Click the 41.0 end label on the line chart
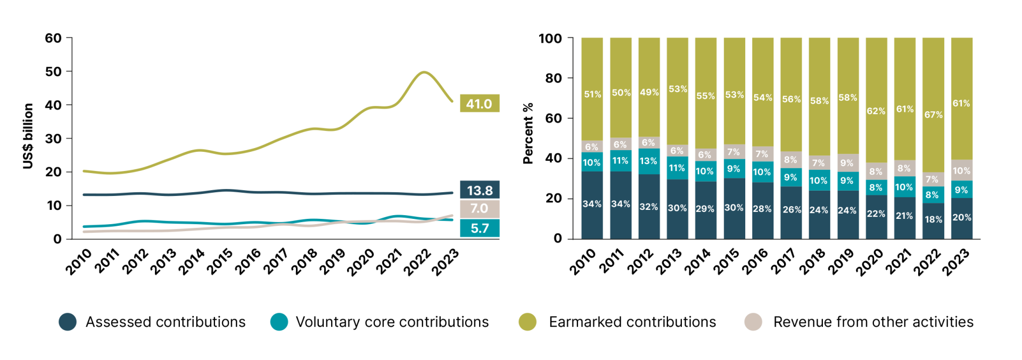tap(479, 104)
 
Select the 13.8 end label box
tap(479, 190)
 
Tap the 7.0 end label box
tap(479, 209)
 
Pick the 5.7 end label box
tap(479, 228)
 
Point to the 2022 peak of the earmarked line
tap(424, 72)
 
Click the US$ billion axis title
tap(28, 136)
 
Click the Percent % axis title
tap(528, 133)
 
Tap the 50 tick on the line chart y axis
tap(53, 71)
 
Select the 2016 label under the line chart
tap(248, 261)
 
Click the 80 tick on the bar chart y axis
tap(554, 78)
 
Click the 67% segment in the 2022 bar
tap(933, 114)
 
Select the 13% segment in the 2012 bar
tap(648, 161)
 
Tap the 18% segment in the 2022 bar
tap(933, 219)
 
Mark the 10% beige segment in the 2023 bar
tap(961, 170)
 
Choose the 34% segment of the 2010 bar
tap(592, 204)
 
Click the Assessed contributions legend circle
tap(68, 322)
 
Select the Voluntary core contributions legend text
tap(392, 322)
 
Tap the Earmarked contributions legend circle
tap(528, 322)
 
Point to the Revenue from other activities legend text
tap(873, 322)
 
